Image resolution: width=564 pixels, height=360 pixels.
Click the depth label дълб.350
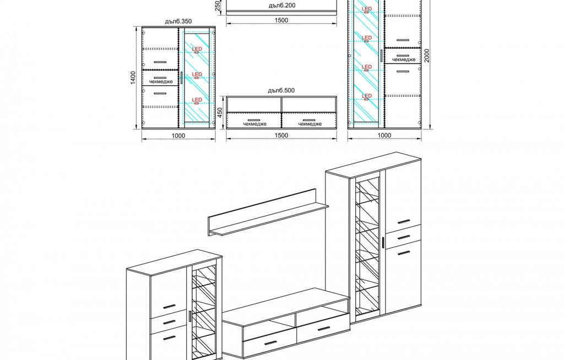pyautogui.click(x=178, y=21)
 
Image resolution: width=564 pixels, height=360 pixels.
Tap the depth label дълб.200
pyautogui.click(x=282, y=6)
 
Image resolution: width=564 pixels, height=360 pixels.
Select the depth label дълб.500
pyautogui.click(x=281, y=90)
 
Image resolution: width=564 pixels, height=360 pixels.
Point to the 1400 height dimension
pyautogui.click(x=133, y=78)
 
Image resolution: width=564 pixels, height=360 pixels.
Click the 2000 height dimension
pyautogui.click(x=427, y=56)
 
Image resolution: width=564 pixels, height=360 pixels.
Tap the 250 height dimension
pyautogui.click(x=217, y=6)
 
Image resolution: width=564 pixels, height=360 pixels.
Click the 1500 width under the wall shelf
pyautogui.click(x=281, y=20)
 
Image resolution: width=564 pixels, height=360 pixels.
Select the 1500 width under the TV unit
pyautogui.click(x=281, y=135)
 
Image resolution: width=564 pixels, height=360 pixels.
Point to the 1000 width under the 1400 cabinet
pyautogui.click(x=178, y=135)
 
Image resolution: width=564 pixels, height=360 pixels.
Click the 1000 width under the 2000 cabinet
pyautogui.click(x=384, y=135)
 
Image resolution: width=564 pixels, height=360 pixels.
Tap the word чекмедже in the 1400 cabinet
pyautogui.click(x=161, y=81)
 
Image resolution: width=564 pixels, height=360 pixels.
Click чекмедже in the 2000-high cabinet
pyautogui.click(x=404, y=59)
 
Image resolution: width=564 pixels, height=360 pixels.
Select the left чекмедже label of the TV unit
pyautogui.click(x=254, y=124)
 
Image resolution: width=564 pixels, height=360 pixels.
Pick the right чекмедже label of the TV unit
pyautogui.click(x=310, y=124)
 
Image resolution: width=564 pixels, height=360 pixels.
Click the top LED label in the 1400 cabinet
pyautogui.click(x=197, y=49)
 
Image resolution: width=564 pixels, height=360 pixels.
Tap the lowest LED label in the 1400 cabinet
pyautogui.click(x=197, y=100)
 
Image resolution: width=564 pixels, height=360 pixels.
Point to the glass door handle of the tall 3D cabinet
pyautogui.click(x=383, y=242)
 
